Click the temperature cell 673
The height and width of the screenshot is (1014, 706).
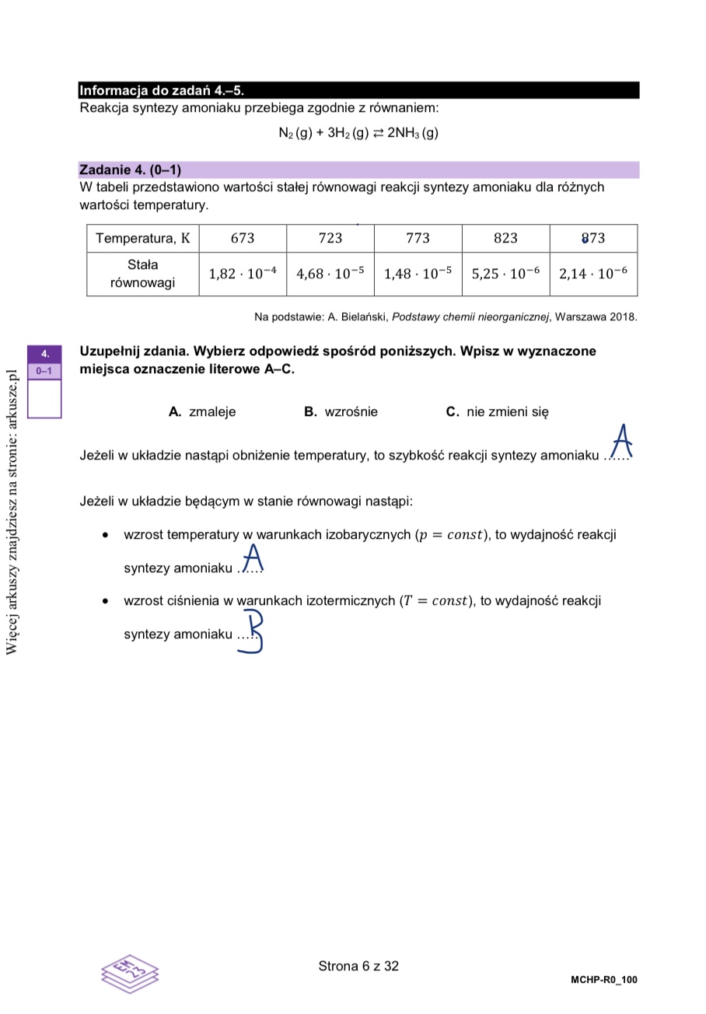243,238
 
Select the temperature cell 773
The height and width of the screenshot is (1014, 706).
418,238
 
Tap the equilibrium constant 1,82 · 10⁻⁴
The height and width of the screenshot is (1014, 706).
243,274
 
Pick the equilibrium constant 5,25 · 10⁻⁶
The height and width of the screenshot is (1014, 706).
505,274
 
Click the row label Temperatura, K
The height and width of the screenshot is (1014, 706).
142,238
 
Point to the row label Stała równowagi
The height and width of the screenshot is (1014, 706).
142,274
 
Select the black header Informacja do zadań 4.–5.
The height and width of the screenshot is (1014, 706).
162,90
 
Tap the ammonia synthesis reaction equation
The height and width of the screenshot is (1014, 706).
358,133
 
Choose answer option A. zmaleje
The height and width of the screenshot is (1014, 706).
202,412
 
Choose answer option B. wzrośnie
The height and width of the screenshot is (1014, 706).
341,412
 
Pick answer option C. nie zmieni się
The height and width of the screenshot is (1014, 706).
497,412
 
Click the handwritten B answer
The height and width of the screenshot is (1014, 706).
252,631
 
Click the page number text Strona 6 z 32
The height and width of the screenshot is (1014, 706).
358,966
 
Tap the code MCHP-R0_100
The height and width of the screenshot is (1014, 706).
603,980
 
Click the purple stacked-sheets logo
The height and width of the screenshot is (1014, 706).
130,973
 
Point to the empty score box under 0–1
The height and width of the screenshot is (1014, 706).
44,398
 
